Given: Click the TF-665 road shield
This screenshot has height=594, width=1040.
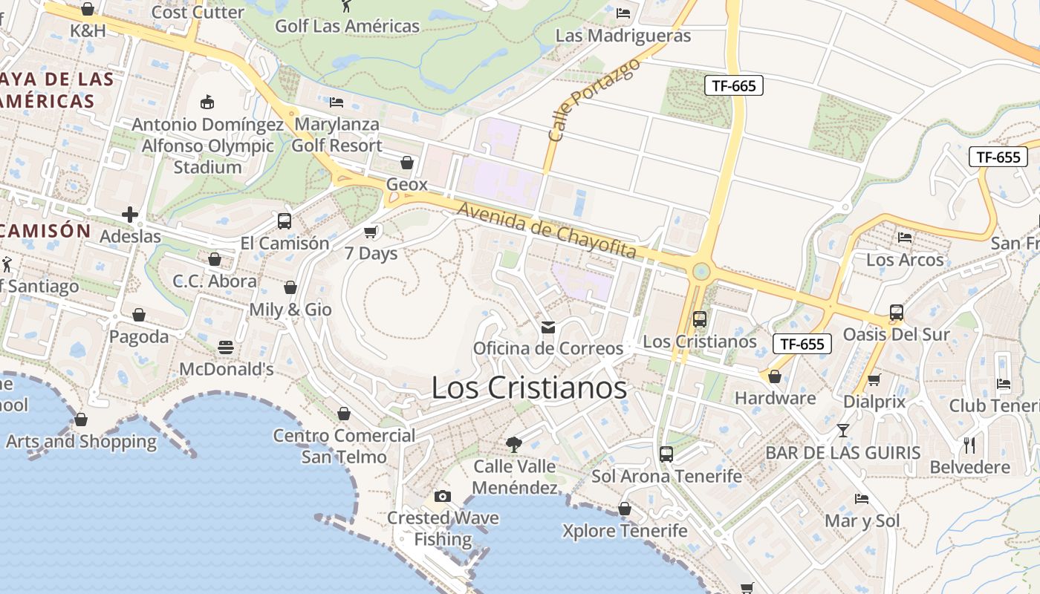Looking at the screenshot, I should [x=733, y=85].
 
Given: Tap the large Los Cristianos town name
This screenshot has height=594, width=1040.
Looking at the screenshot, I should [x=529, y=388].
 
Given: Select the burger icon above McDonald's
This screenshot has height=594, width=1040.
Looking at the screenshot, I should [x=226, y=347].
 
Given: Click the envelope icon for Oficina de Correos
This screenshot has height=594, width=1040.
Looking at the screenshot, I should [x=548, y=327].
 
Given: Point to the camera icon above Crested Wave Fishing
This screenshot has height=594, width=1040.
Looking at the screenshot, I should [x=443, y=496].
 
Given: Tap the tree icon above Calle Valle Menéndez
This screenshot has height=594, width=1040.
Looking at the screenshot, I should [x=513, y=445].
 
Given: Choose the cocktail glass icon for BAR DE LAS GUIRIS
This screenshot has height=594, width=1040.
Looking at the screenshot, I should [x=843, y=430].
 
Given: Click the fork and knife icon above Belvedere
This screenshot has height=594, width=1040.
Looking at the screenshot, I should [x=969, y=445].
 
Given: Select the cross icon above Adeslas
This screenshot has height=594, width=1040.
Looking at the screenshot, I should [x=130, y=215].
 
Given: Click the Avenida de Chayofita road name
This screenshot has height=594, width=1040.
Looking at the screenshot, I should [x=547, y=231].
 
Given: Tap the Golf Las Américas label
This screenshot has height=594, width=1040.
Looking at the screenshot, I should [x=347, y=26].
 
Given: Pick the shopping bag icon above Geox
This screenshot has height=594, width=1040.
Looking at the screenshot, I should [x=407, y=162].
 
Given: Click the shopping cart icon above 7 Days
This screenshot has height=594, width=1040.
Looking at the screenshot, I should [x=371, y=232].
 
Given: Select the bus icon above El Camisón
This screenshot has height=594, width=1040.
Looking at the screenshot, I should [x=285, y=221].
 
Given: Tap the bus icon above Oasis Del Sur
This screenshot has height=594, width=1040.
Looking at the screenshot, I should [x=897, y=313].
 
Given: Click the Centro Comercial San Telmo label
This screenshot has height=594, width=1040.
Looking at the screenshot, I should [x=344, y=446].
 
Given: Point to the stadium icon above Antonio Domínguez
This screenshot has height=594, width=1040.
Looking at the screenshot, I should [x=207, y=102].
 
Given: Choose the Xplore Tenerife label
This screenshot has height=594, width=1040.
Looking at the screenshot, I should [x=625, y=531].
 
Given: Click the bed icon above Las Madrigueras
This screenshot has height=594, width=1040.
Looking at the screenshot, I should [x=623, y=13].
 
